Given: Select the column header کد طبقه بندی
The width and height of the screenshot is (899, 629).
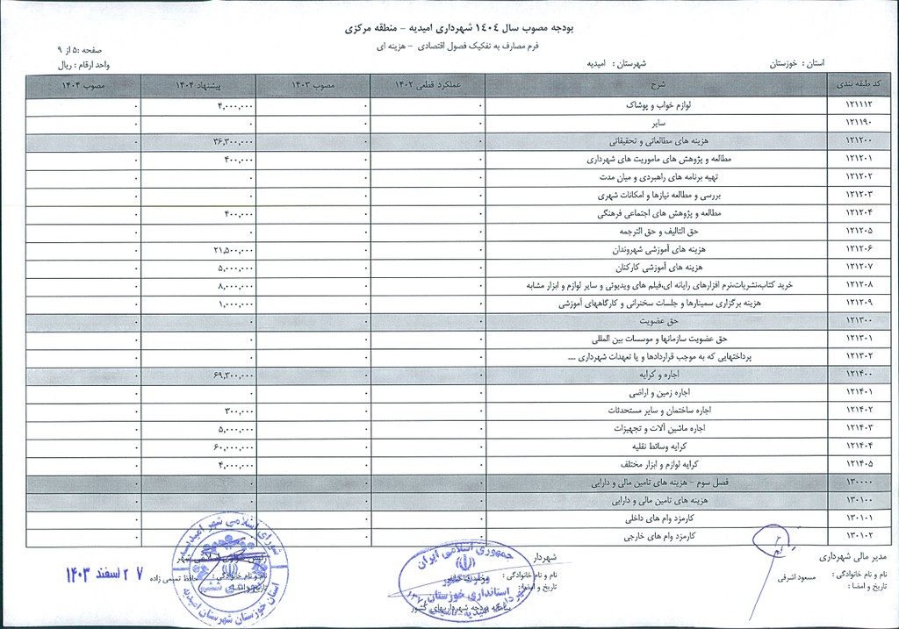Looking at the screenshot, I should (862, 85).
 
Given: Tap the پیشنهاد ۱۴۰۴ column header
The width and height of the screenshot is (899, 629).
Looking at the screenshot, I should (198, 85).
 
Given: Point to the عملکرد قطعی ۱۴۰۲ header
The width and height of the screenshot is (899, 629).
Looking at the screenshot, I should (428, 85).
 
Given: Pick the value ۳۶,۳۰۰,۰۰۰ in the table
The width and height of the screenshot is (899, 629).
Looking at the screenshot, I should (233, 141).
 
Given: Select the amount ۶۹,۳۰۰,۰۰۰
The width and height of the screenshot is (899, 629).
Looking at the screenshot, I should (233, 375).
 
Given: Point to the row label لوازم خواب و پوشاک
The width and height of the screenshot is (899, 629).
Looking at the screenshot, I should (655, 105).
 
